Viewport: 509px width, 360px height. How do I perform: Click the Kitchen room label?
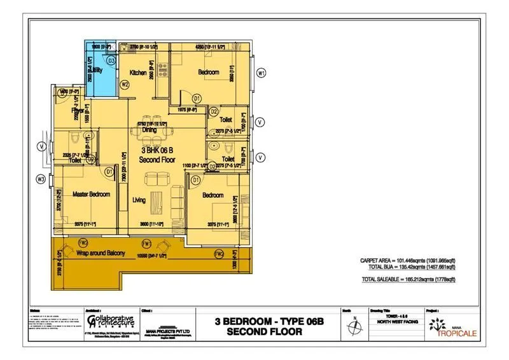138,73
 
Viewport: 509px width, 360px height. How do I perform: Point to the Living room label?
139,200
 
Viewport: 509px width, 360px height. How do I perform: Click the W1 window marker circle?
261,73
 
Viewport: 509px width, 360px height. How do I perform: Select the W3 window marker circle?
41,179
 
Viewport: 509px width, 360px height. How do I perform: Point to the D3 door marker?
111,60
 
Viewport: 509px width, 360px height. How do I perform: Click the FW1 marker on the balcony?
146,243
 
